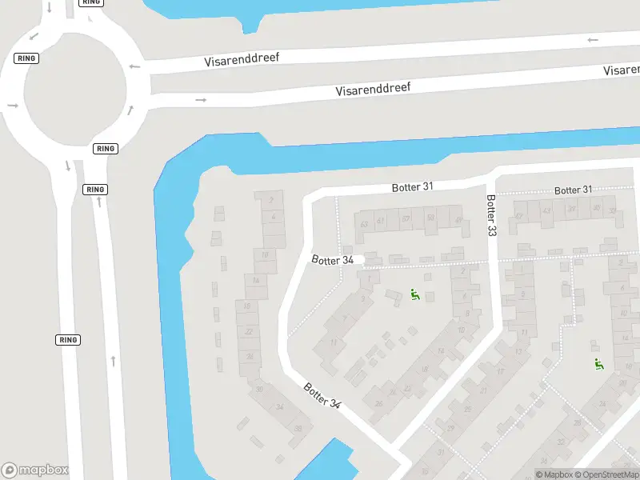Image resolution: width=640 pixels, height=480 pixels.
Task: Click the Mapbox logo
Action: (35, 470)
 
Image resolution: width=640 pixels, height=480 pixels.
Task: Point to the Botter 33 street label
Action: (491, 215)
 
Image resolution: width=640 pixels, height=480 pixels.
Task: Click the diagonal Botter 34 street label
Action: (322, 396)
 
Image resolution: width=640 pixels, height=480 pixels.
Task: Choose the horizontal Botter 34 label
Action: (332, 260)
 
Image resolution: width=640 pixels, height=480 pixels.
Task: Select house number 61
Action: (381, 221)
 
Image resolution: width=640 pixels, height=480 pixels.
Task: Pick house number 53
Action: (430, 218)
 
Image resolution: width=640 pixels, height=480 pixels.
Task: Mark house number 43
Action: (547, 211)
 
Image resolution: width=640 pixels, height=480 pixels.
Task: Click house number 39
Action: (572, 210)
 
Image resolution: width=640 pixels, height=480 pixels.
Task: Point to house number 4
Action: (274, 217)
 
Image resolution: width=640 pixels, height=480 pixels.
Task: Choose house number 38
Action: (298, 428)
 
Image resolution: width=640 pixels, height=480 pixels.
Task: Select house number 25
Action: (467, 410)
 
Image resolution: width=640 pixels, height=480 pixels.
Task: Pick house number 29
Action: (450, 429)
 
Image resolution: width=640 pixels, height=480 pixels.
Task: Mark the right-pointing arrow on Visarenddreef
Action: (201, 100)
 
